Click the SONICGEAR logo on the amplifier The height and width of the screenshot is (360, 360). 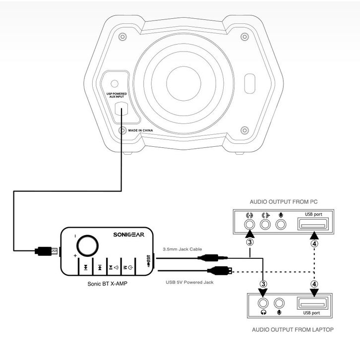(x=129, y=235)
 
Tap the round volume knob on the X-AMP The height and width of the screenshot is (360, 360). (x=87, y=245)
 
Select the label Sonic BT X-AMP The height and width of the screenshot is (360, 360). (x=107, y=284)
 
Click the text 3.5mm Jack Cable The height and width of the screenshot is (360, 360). (x=182, y=249)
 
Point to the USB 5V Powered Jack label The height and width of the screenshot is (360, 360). (x=189, y=282)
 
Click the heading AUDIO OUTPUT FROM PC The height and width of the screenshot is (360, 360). (x=284, y=202)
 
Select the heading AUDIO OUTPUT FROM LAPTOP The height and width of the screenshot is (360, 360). (x=293, y=330)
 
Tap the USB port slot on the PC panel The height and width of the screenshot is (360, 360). (x=313, y=224)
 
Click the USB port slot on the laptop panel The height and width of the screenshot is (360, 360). (x=312, y=303)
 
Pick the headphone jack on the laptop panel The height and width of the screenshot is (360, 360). (x=263, y=303)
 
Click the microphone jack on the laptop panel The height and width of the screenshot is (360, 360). (x=279, y=303)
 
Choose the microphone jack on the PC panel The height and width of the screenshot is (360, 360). (x=281, y=224)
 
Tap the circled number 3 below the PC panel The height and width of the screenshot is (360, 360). (x=250, y=242)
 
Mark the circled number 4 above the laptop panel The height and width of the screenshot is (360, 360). (x=314, y=284)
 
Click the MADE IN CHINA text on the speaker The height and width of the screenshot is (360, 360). (x=140, y=130)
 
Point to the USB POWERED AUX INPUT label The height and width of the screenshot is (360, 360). (x=117, y=95)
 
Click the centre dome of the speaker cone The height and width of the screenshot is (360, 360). (x=183, y=84)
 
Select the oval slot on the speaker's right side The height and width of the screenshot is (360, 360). (x=249, y=84)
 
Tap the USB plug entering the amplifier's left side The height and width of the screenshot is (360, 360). (x=46, y=251)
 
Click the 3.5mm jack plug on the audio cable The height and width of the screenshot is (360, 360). (x=213, y=257)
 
